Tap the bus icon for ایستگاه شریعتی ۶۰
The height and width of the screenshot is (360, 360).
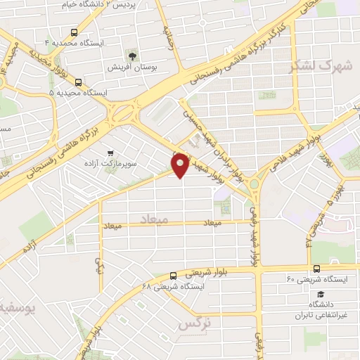tap(316, 269)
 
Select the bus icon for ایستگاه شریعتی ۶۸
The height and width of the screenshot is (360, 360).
tap(174, 276)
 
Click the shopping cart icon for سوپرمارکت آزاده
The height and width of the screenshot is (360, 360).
tap(110, 153)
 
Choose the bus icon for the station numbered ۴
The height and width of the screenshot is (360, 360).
tap(75, 32)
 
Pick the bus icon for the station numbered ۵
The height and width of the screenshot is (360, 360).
tap(78, 82)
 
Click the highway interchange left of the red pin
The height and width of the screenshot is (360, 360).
tap(124, 110)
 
